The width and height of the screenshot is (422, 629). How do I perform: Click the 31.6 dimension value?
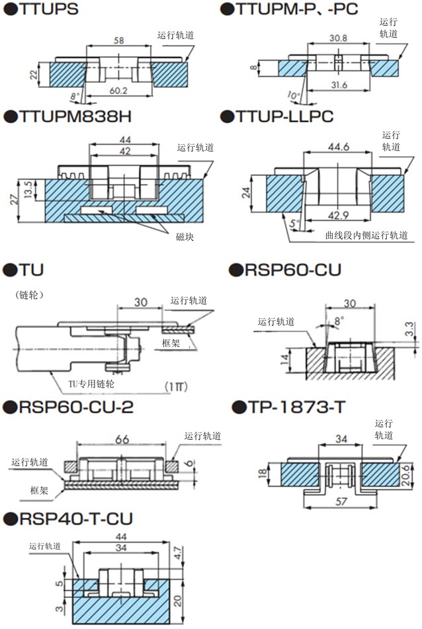[x=338, y=85]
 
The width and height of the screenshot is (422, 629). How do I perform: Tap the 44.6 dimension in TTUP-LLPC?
[x=338, y=147]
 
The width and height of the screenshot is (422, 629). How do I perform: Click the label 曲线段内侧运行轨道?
[x=366, y=234]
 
